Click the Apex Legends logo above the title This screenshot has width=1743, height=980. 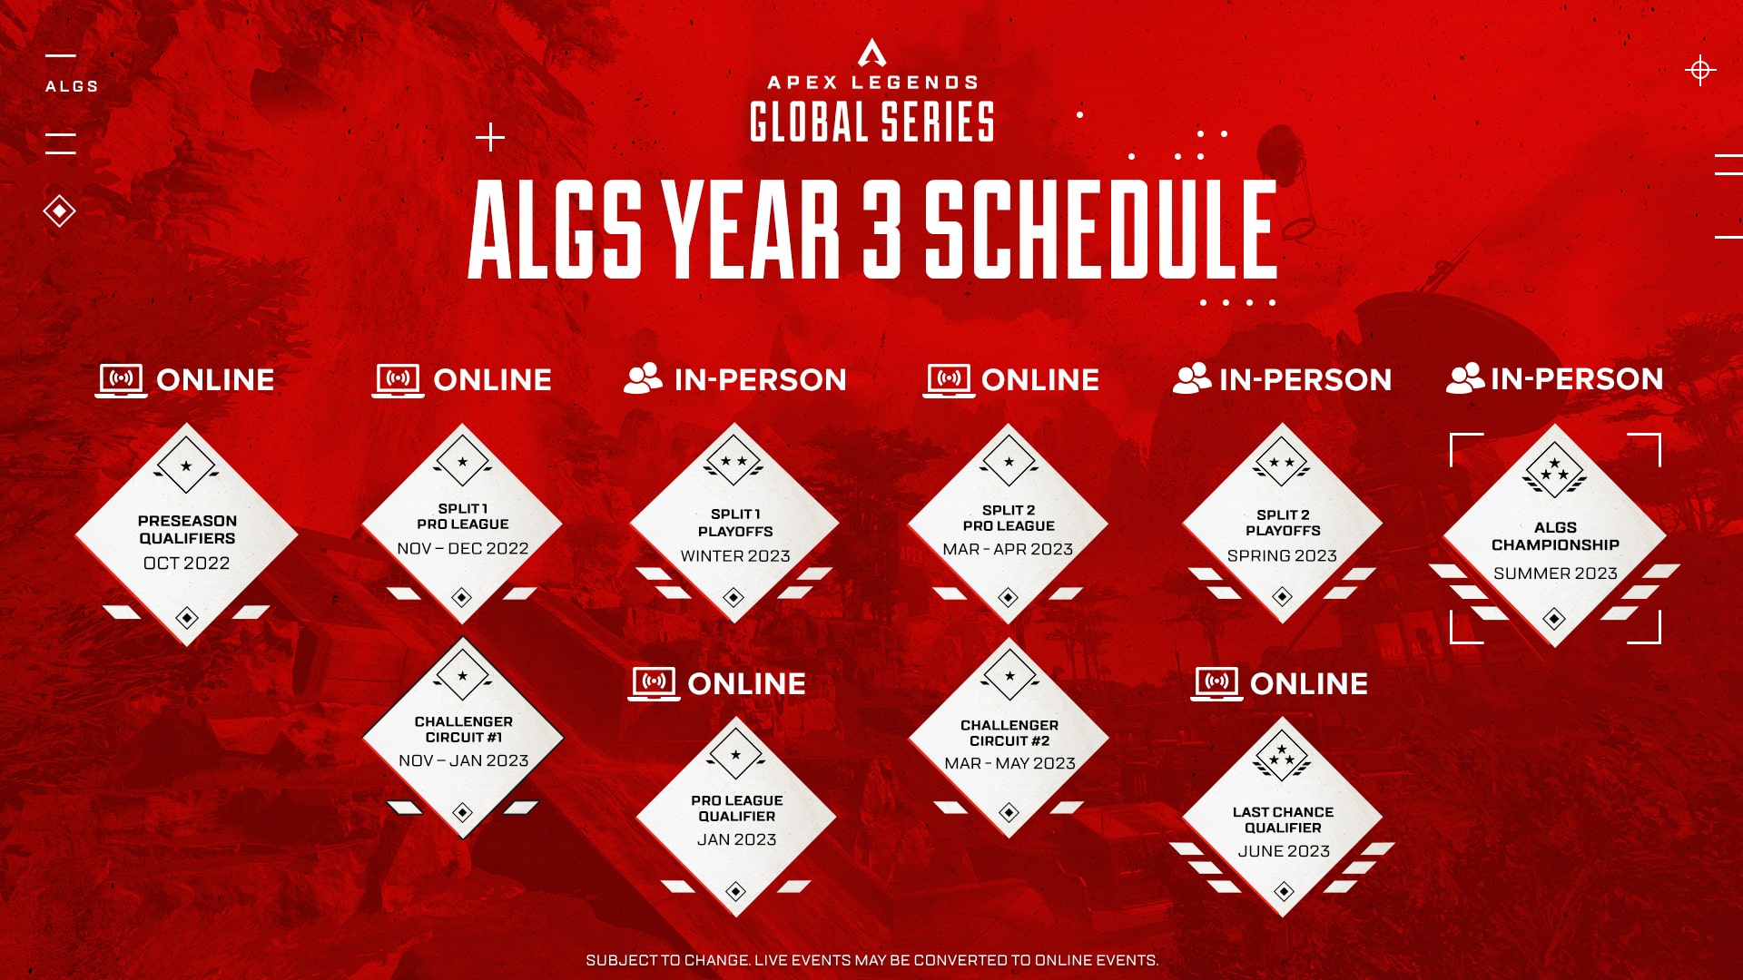click(871, 53)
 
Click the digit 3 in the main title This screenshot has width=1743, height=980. click(881, 229)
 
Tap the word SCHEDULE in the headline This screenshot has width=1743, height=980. click(1100, 229)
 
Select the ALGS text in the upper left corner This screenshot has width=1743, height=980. click(72, 86)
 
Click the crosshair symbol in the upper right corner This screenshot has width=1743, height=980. click(1699, 70)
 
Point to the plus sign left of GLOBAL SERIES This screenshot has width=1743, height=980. click(489, 138)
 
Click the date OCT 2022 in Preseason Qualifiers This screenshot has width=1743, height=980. click(186, 563)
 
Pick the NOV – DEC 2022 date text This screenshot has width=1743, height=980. click(462, 548)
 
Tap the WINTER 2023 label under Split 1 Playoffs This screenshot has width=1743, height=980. click(735, 555)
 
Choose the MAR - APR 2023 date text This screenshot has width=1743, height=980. click(1008, 549)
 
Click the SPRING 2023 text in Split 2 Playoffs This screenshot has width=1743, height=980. click(1282, 555)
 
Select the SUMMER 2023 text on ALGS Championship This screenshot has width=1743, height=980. click(1555, 573)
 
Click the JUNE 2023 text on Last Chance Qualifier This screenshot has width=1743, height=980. click(1283, 851)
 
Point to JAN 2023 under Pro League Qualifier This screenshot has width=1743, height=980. click(736, 839)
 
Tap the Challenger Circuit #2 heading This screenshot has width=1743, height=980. click(1009, 732)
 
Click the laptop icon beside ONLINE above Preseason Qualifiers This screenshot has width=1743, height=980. click(122, 379)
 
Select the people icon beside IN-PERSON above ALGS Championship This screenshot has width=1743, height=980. click(1464, 378)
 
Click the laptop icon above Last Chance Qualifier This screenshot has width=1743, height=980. click(1216, 683)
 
